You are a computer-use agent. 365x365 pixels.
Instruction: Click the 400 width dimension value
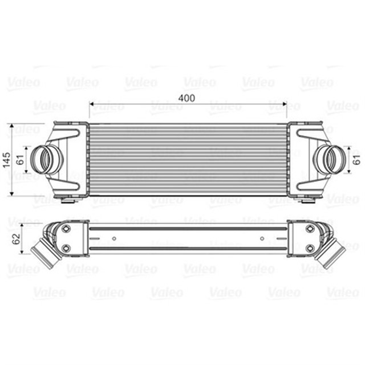(186, 98)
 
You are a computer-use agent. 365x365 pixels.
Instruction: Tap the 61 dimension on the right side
(357, 157)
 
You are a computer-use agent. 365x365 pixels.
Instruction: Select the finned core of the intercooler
(187, 159)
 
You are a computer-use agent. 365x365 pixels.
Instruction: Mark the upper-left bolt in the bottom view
(66, 228)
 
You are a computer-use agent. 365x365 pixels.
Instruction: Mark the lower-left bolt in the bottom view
(66, 248)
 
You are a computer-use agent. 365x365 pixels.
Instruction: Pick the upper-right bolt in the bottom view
(310, 228)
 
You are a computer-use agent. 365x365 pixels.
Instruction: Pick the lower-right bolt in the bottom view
(310, 248)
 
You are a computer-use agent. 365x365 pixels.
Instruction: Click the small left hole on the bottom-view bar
(114, 238)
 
